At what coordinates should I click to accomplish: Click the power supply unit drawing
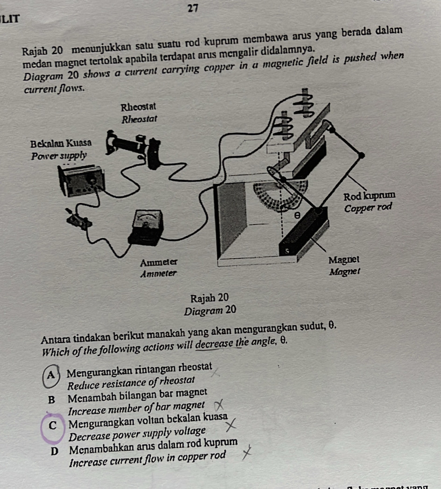(82, 181)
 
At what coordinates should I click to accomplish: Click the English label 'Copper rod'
(366, 207)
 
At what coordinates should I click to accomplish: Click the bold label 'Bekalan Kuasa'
(61, 142)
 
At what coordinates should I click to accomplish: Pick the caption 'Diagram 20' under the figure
(211, 310)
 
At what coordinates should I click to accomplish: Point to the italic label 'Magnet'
(343, 271)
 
